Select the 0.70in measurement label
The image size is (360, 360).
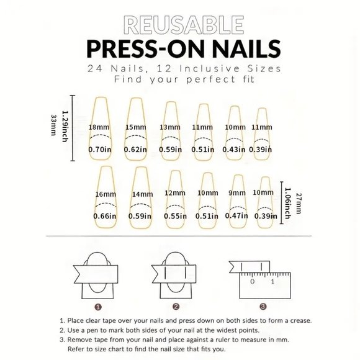click(99, 149)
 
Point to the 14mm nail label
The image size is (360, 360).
click(142, 194)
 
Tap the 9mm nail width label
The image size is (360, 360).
click(236, 193)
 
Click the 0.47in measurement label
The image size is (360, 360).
click(236, 216)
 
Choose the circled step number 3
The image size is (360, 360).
click(263, 306)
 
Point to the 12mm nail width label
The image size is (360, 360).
click(176, 193)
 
